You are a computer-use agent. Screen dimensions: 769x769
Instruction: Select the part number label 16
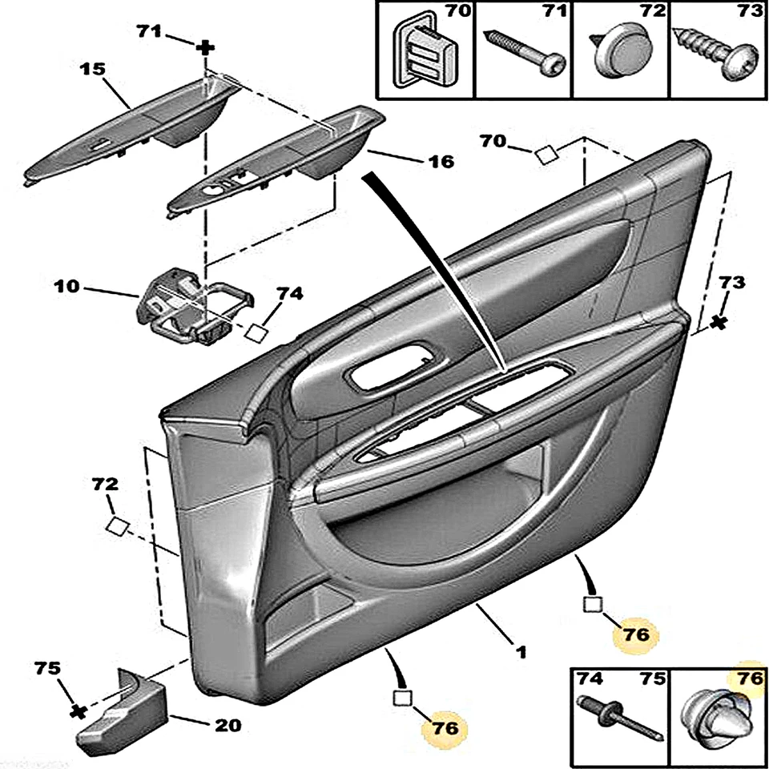point(440,162)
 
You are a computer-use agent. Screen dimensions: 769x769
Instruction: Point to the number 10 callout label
point(68,286)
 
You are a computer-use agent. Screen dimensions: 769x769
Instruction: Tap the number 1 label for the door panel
point(521,653)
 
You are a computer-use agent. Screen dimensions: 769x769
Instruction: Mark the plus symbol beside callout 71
point(206,48)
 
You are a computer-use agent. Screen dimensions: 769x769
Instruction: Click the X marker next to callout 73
point(719,322)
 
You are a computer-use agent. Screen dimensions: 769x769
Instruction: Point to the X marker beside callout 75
point(77,711)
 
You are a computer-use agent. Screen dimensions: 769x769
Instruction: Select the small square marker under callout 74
point(256,332)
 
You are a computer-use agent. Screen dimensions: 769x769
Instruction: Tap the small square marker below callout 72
point(117,525)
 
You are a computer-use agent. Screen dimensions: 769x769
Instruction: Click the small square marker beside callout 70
point(546,155)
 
